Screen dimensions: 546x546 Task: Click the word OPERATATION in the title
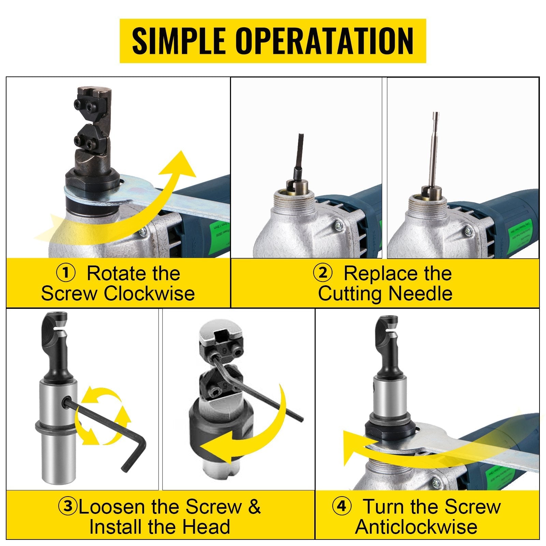(x=324, y=41)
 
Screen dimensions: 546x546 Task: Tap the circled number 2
(x=322, y=274)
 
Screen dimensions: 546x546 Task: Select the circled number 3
(x=68, y=507)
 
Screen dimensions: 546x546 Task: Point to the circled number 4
(x=342, y=507)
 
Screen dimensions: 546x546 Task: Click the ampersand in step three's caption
(x=254, y=507)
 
